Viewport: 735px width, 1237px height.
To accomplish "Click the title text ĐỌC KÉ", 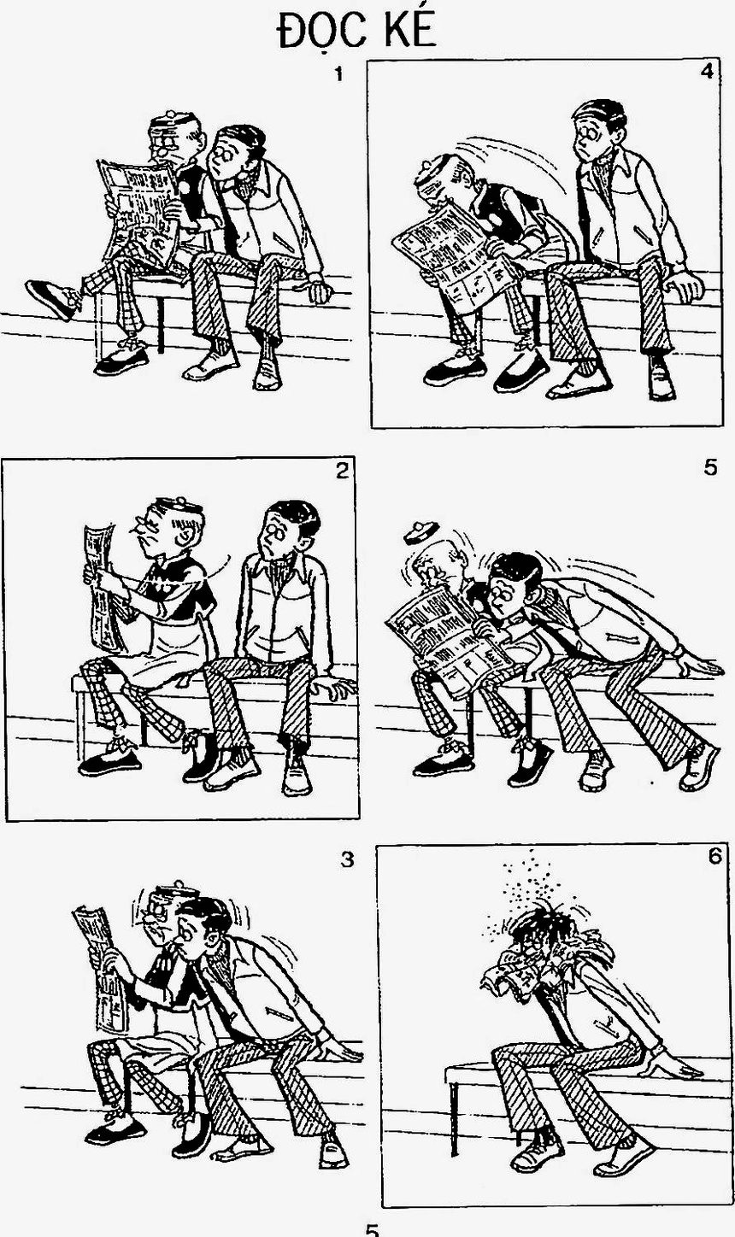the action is point(356,31).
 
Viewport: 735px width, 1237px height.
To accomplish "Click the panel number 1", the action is point(338,74).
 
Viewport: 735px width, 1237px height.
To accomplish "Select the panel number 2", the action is point(342,471).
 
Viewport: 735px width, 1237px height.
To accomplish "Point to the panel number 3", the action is point(347,859).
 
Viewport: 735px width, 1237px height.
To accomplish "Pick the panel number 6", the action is point(714,856).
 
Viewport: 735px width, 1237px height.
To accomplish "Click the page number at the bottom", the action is point(373,1229).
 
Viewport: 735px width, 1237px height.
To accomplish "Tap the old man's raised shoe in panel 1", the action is point(50,299).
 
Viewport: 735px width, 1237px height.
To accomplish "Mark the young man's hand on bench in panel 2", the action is point(333,687).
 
